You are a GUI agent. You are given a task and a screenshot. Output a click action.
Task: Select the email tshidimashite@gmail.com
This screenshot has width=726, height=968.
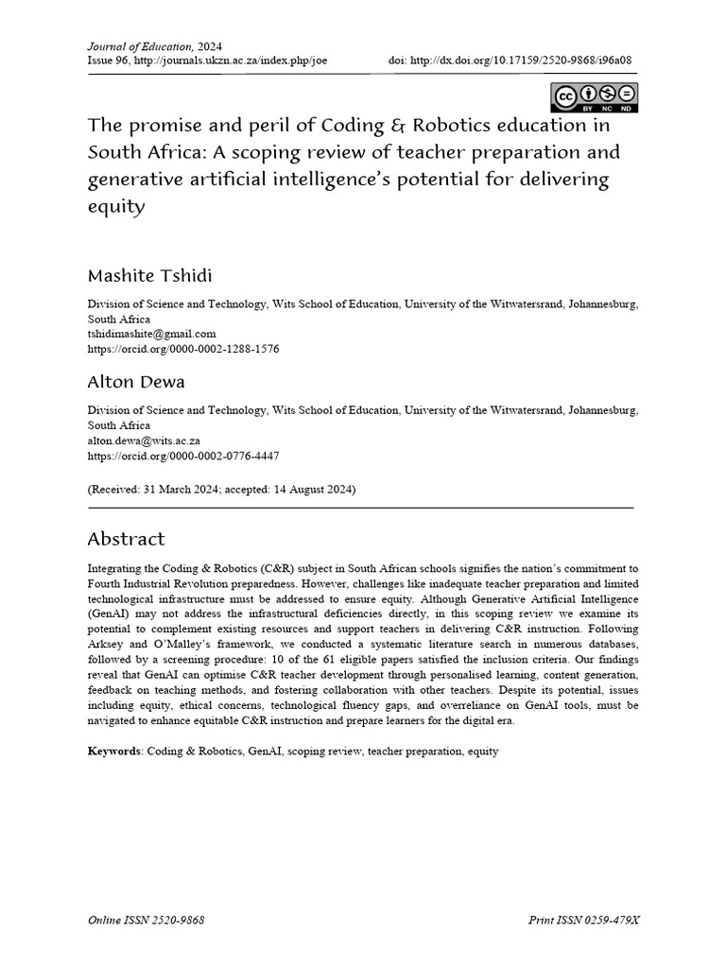tap(152, 334)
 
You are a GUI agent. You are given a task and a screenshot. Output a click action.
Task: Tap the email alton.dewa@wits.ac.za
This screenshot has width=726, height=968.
tap(144, 441)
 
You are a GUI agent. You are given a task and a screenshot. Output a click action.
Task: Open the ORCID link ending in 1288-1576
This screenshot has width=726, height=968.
tap(183, 348)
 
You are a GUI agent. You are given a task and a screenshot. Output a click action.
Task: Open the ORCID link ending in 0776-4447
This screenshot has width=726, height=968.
tap(183, 455)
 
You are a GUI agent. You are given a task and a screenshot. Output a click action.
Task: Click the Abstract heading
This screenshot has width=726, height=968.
tap(126, 539)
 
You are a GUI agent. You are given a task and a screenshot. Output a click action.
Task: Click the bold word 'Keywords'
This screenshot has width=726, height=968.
tap(114, 752)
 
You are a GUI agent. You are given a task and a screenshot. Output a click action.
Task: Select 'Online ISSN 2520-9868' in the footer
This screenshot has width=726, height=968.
tap(147, 920)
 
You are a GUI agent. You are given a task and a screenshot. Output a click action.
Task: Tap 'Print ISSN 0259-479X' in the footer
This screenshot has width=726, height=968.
tap(582, 920)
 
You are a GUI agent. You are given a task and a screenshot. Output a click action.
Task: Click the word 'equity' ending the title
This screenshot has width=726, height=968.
tap(116, 205)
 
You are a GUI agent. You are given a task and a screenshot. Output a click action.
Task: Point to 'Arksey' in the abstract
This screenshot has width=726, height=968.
tap(107, 644)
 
